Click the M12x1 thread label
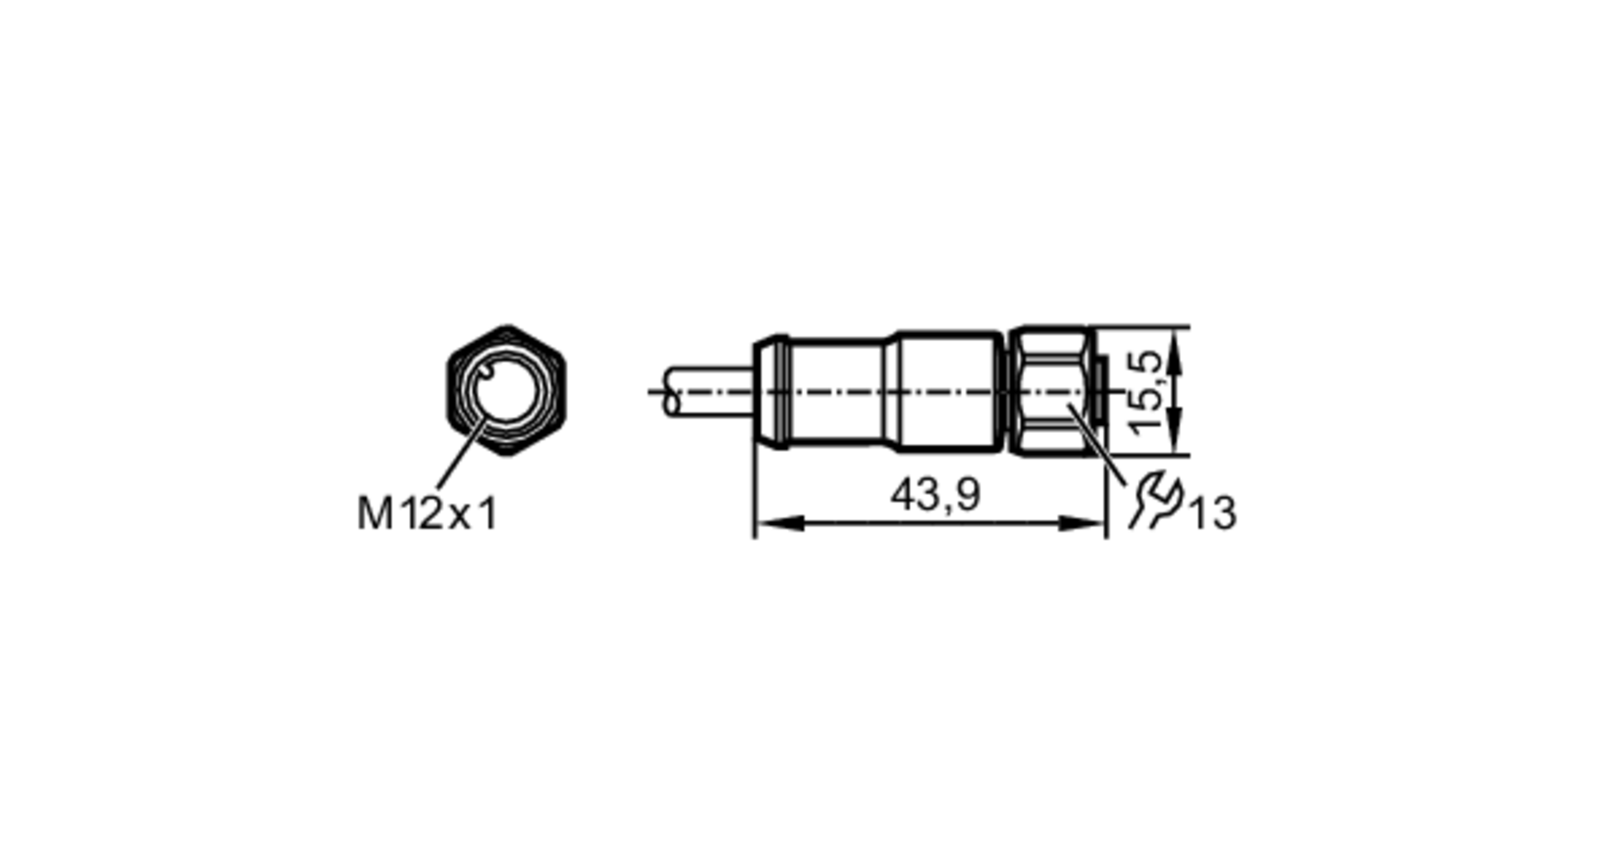pos(427,513)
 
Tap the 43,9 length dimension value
pos(935,495)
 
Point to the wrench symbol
pos(1155,500)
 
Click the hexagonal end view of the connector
pos(506,391)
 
